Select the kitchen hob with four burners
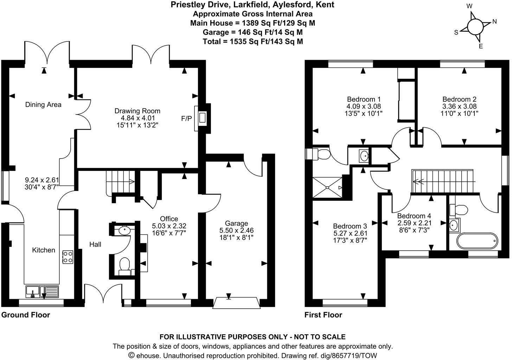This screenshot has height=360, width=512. pyautogui.click(x=68, y=257)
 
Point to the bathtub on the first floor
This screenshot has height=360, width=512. pyautogui.click(x=477, y=241)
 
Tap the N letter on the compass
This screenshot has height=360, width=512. pyautogui.click(x=494, y=21)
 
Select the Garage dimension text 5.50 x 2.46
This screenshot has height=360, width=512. pyautogui.click(x=236, y=230)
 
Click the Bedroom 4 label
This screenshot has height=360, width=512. pyautogui.click(x=414, y=216)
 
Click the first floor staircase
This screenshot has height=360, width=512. pyautogui.click(x=443, y=181)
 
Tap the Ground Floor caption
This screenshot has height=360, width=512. pyautogui.click(x=26, y=315)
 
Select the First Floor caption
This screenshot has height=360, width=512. pyautogui.click(x=323, y=315)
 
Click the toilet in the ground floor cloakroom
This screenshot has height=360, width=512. pyautogui.click(x=124, y=265)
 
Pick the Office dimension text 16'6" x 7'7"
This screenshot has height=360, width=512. pyautogui.click(x=169, y=232)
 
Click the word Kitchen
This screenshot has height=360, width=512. pyautogui.click(x=44, y=250)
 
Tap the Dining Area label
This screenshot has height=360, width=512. pyautogui.click(x=43, y=104)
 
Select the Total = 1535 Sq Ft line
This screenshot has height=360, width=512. pyautogui.click(x=252, y=41)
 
